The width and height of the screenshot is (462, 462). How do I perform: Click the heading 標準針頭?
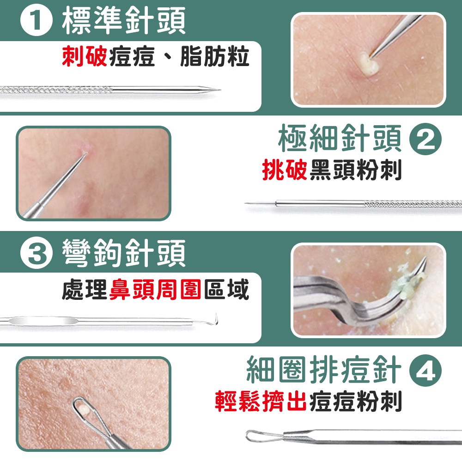click(124, 22)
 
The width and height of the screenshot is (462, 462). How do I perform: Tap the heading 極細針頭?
click(340, 140)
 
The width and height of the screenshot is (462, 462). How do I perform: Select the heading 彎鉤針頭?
click(124, 254)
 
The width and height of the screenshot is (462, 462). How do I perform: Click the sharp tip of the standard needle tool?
click(219, 90)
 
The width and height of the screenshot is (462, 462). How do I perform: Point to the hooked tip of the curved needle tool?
click(217, 315)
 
